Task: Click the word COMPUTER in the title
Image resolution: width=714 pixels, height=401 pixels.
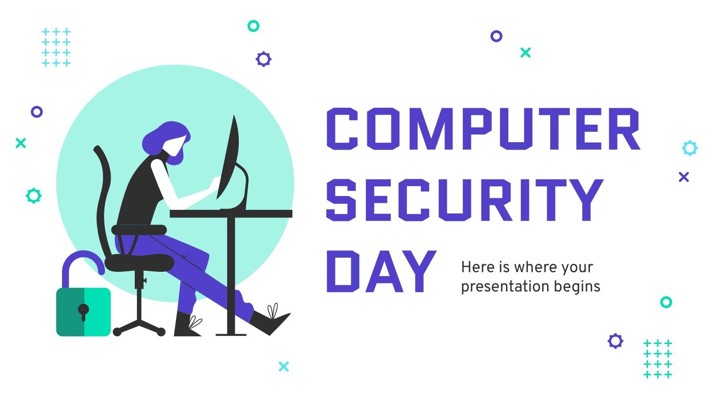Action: [x=483, y=129]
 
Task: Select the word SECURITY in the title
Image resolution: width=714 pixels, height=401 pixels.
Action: [x=464, y=200]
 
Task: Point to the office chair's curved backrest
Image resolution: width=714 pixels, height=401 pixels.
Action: [x=104, y=192]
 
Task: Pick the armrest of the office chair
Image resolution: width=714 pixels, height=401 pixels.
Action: [x=139, y=230]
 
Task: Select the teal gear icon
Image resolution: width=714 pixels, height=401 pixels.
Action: [x=33, y=195]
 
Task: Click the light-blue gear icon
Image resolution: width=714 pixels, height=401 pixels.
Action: [x=689, y=148]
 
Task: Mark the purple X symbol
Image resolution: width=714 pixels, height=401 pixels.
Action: [x=684, y=177]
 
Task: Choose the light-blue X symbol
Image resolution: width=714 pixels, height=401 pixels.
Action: [x=283, y=366]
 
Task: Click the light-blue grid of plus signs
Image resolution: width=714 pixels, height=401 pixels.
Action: [x=56, y=47]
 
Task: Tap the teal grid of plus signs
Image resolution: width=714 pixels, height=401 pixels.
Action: [x=657, y=359]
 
